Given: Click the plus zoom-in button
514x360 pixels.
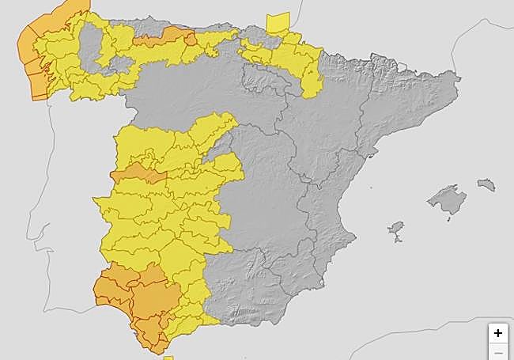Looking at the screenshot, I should pos(497,333).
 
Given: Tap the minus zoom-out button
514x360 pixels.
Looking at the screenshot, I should pos(497,353).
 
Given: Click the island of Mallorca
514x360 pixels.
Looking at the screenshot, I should pos(447,199).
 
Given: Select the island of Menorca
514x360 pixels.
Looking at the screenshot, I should pos(486,185).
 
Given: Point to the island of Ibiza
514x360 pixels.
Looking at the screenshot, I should pos(395,230).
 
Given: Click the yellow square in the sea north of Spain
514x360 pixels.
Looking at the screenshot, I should pos(278,23).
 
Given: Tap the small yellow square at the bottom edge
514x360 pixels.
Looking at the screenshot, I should pos(168,358).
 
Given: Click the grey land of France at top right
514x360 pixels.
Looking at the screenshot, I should pos(395,32).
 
